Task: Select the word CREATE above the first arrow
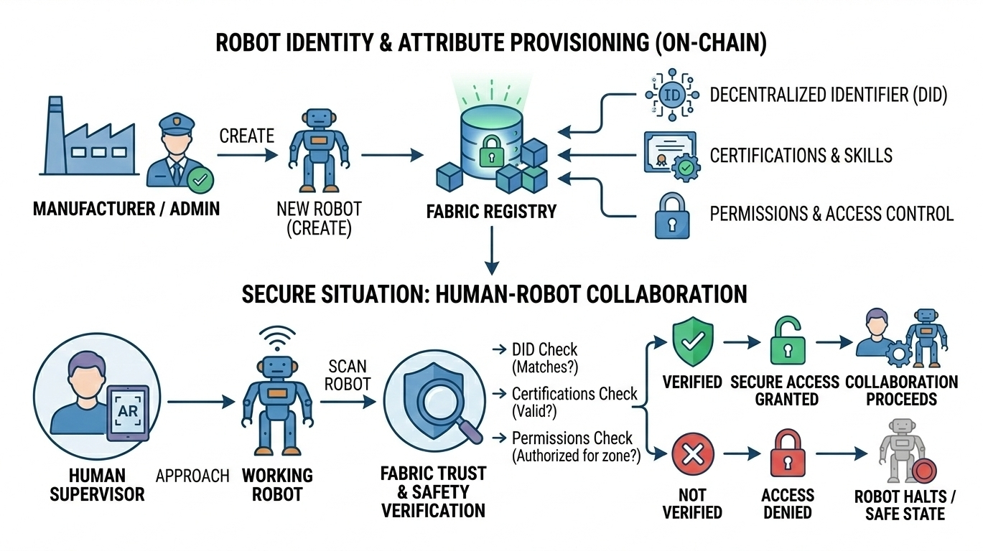(246, 136)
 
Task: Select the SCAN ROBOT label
(348, 375)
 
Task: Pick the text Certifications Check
(574, 394)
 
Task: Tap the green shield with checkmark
(692, 341)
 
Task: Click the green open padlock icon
(788, 344)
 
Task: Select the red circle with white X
(692, 455)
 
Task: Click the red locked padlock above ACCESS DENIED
(788, 454)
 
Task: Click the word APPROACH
(193, 476)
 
